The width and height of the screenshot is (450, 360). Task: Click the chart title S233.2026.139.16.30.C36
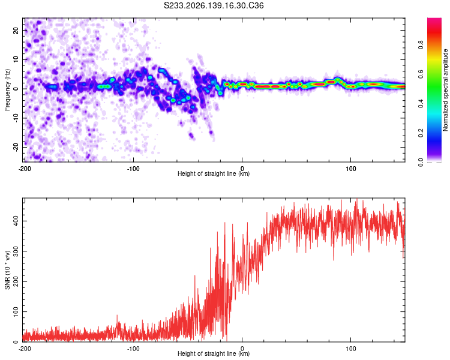tap(214, 5)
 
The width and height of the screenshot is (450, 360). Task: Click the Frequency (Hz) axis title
tap(7, 90)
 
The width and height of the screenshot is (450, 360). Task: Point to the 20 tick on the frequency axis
tap(16, 30)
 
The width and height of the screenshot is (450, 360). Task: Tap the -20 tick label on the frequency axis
tap(16, 148)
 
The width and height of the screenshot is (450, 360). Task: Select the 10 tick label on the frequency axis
tap(16, 59)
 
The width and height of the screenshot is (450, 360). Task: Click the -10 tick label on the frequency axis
tap(16, 118)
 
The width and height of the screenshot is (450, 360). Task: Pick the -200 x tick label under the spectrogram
tap(25, 169)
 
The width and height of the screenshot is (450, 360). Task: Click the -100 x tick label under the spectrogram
tap(133, 169)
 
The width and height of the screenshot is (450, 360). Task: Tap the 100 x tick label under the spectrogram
tap(351, 169)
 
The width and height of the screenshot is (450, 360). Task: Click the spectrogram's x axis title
tap(214, 173)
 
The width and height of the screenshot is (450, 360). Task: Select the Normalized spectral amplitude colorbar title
tap(445, 90)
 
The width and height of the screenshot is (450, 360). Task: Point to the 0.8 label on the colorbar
tap(421, 45)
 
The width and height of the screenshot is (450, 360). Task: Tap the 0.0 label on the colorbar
tap(421, 162)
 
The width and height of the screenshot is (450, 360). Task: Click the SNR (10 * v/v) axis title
tap(7, 270)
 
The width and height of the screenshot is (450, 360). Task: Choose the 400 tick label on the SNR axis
tap(16, 221)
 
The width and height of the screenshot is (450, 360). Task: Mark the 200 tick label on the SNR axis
tap(16, 281)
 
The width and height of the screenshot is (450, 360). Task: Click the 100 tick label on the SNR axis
tap(16, 312)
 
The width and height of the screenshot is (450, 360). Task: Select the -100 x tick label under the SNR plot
tap(133, 349)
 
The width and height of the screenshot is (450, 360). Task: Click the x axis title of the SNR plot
tap(214, 353)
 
